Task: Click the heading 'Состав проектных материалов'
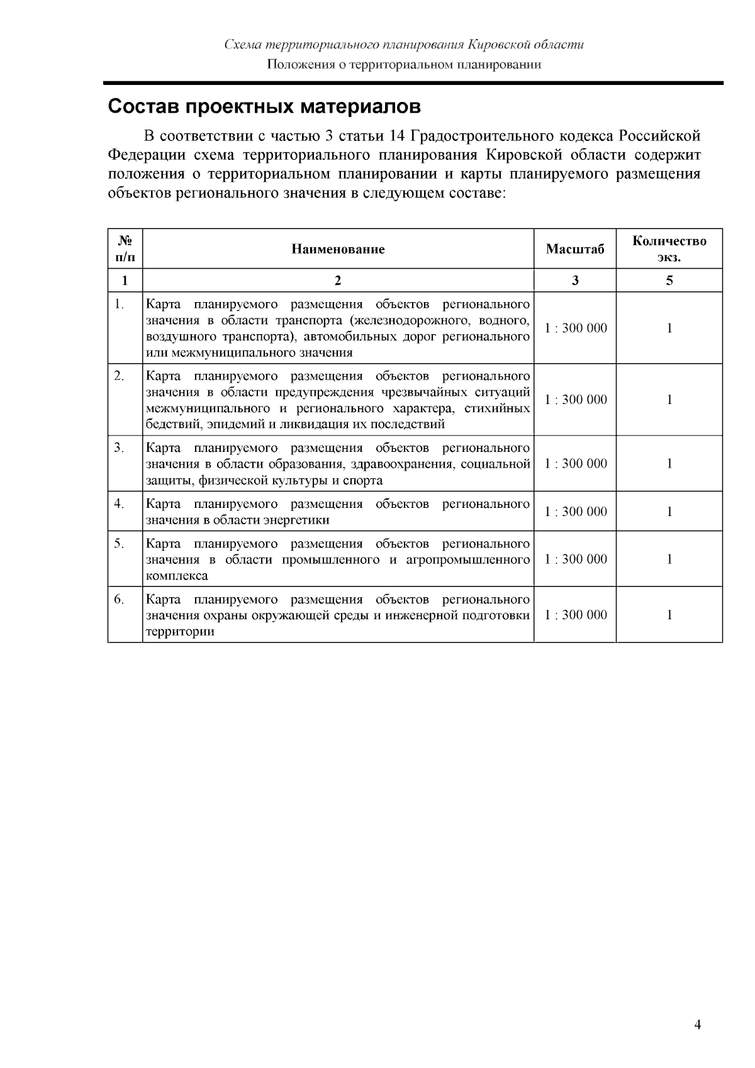tap(264, 106)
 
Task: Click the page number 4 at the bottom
tap(697, 1025)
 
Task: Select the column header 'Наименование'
tap(338, 249)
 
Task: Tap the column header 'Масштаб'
tap(575, 249)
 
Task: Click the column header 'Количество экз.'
tap(669, 249)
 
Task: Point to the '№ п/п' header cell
tap(125, 249)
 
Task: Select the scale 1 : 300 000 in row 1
tap(576, 328)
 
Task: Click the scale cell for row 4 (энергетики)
tap(576, 512)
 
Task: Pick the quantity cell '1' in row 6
tap(669, 615)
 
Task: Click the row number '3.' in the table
tap(119, 448)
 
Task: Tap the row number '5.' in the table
tap(119, 544)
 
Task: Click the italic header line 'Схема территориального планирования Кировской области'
tap(405, 45)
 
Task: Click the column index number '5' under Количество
tap(669, 281)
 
